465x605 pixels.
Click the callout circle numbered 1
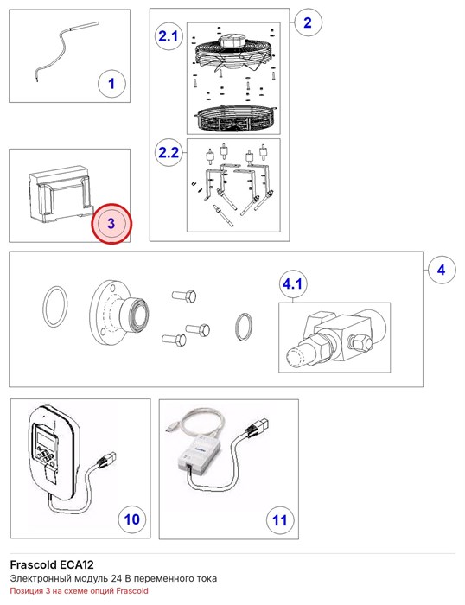[x=111, y=84]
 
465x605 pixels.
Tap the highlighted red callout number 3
[x=111, y=223]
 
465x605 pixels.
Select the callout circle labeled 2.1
[x=169, y=36]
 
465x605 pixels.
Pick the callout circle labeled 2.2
[x=169, y=152]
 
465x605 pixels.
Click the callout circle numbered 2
[x=308, y=22]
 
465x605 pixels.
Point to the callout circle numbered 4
[x=442, y=270]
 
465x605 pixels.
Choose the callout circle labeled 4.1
[x=293, y=284]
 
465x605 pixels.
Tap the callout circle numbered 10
[x=132, y=519]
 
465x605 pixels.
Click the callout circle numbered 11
[x=280, y=520]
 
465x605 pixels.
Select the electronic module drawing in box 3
[x=61, y=194]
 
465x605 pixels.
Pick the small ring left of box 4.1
[x=244, y=327]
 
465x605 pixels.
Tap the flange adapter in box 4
[x=118, y=312]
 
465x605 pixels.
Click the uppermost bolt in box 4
[x=184, y=296]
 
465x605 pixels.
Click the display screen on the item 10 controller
[x=45, y=438]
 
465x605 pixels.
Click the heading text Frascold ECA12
[x=52, y=565]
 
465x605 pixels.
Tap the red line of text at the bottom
[x=80, y=590]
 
